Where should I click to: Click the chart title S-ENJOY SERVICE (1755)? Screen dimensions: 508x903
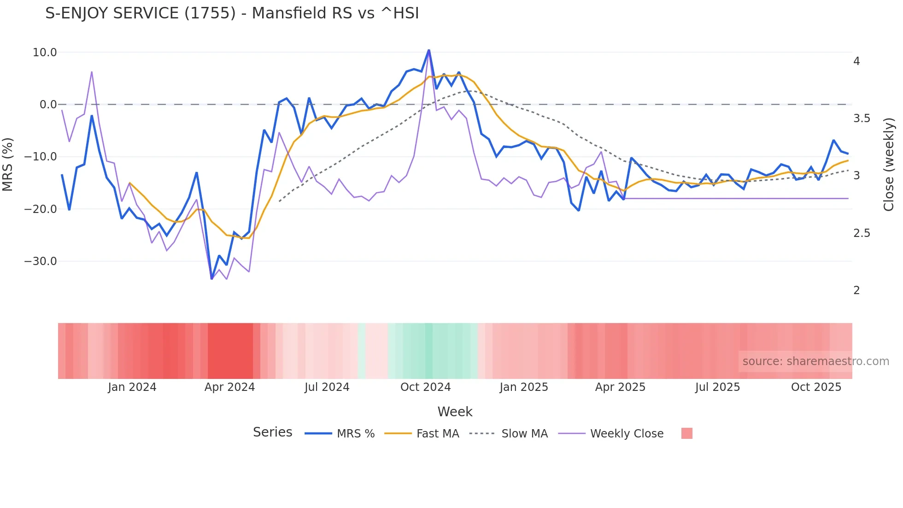(x=232, y=13)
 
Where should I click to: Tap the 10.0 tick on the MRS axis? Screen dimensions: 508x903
(x=45, y=53)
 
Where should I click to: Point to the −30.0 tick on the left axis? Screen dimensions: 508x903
(x=41, y=261)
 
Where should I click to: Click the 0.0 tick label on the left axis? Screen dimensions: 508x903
(x=48, y=105)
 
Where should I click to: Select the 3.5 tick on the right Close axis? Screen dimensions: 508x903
(x=862, y=118)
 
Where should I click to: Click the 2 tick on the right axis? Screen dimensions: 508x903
(x=856, y=290)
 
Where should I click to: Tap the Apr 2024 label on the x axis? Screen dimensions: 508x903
(x=229, y=387)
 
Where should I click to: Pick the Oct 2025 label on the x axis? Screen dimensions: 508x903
(x=816, y=387)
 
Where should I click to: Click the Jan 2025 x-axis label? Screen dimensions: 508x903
(x=524, y=387)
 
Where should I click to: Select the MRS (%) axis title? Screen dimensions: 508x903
(x=8, y=164)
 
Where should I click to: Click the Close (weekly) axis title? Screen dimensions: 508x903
(x=889, y=164)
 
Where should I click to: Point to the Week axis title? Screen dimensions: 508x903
(x=455, y=412)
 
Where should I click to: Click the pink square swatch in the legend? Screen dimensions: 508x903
(x=686, y=433)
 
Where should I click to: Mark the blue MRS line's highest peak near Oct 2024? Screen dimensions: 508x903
(x=429, y=50)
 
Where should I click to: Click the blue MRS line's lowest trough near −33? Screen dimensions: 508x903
(x=211, y=278)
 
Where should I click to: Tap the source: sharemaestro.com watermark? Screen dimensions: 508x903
(x=815, y=361)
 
